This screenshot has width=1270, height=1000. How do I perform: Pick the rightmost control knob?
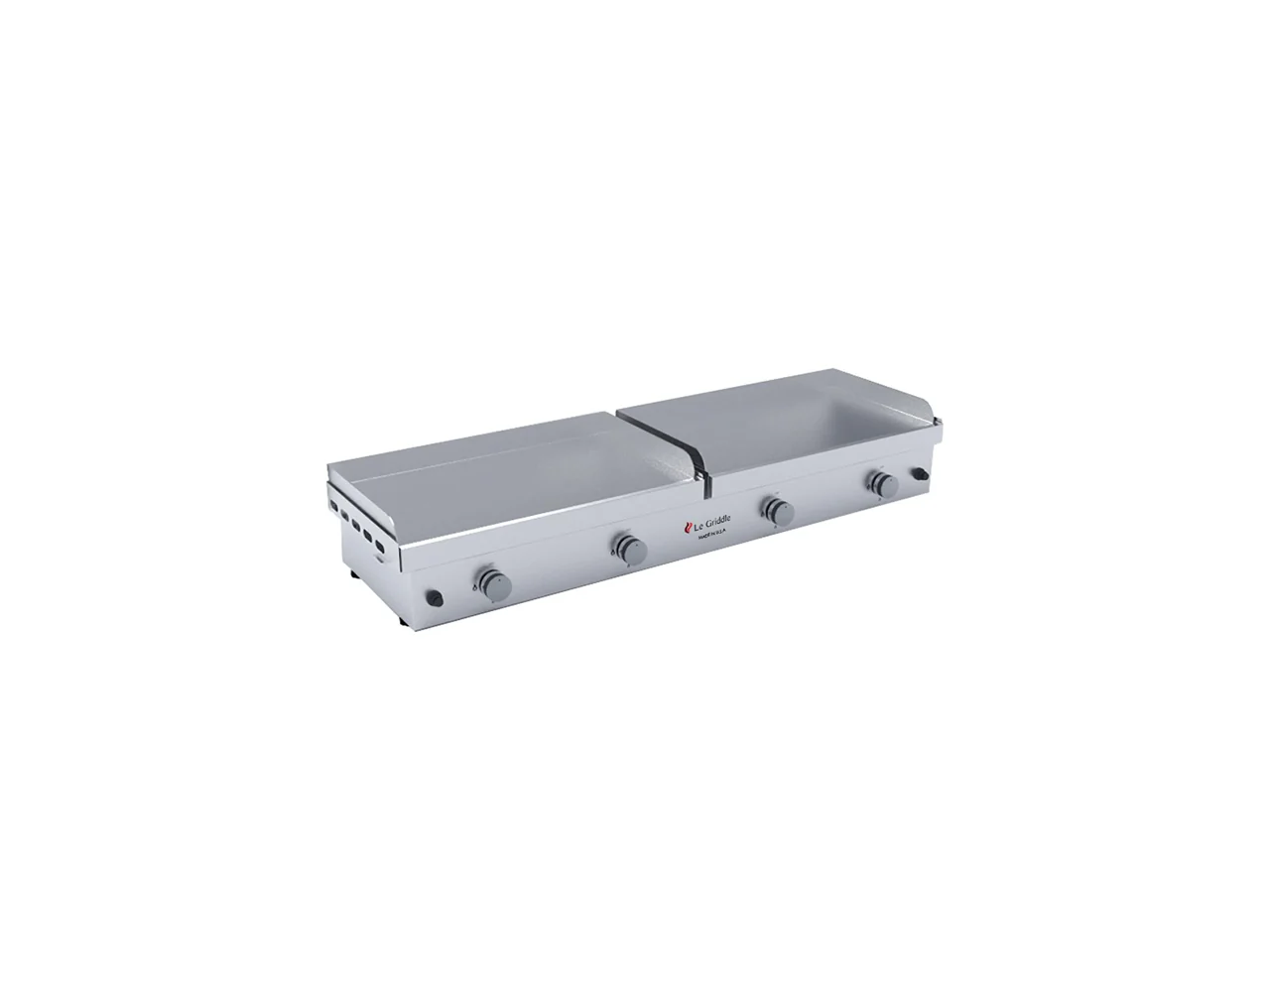tap(882, 484)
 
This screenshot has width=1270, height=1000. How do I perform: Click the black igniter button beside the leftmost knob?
tap(434, 596)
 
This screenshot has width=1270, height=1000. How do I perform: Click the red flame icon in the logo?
tap(683, 526)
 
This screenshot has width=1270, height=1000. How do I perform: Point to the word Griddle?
tap(712, 521)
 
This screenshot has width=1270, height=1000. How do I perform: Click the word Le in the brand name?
tap(693, 525)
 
